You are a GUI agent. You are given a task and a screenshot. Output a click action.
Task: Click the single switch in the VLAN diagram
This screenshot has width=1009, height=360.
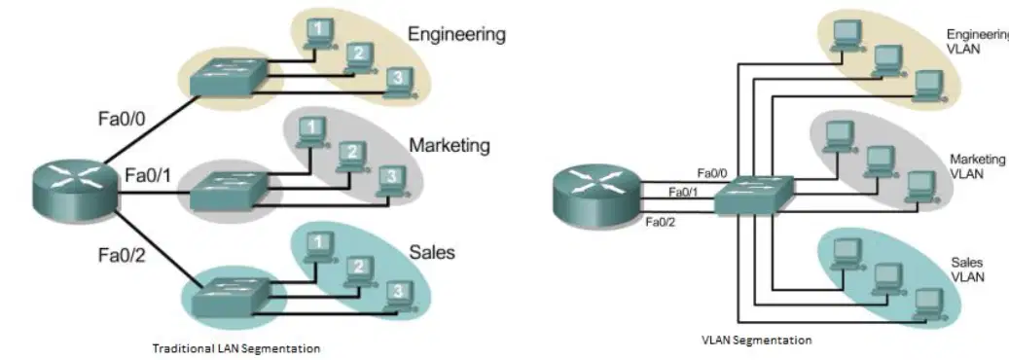[754, 195]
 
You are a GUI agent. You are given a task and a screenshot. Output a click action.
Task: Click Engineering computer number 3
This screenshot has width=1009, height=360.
[398, 84]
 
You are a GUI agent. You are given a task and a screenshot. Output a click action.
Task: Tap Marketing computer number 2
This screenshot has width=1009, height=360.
[351, 157]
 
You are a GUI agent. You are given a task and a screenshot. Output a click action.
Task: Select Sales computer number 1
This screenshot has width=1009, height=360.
[317, 246]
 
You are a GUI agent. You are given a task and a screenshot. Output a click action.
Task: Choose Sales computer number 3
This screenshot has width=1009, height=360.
[399, 297]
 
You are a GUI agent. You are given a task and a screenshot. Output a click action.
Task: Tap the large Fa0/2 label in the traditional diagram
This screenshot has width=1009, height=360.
[123, 256]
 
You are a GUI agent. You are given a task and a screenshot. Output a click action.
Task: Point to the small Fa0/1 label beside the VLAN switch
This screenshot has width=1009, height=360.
[683, 192]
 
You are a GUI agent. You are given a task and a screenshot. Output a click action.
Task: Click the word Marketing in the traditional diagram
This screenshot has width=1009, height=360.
[450, 146]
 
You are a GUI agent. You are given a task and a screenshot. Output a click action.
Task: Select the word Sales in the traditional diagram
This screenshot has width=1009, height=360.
[432, 252]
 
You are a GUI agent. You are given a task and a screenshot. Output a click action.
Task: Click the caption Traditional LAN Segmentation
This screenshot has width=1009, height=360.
[235, 349]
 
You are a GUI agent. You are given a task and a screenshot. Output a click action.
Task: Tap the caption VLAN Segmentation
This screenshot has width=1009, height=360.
[756, 340]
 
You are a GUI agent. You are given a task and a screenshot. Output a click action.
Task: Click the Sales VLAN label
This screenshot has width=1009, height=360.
[967, 270]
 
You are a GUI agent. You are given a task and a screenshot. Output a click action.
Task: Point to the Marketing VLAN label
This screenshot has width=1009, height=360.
[977, 166]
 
